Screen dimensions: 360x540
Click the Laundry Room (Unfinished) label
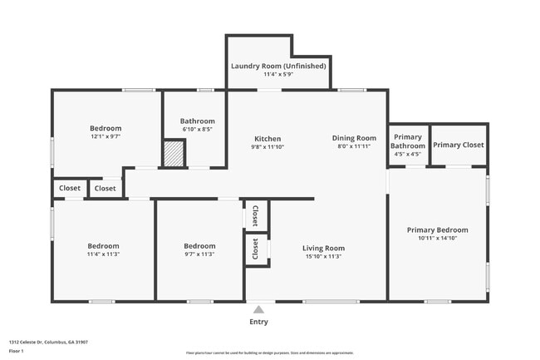tap(278, 66)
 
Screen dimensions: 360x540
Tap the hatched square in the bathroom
tap(173, 154)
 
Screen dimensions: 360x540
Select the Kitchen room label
tap(267, 139)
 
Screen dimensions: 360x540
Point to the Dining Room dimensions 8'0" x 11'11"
tap(355, 146)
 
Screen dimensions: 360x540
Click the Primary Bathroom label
tap(408, 141)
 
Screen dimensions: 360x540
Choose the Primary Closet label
tap(458, 145)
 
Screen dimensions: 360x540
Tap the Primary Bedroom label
tap(437, 230)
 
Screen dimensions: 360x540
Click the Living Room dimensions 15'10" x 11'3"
tap(323, 256)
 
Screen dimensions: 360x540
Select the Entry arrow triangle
tap(258, 309)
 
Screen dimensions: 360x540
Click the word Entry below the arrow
tap(258, 322)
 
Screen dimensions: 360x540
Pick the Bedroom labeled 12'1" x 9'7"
tap(106, 128)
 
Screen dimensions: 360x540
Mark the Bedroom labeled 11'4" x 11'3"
tap(104, 246)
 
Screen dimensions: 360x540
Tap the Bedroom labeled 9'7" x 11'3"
tap(199, 246)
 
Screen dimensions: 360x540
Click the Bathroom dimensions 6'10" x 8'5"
tap(198, 129)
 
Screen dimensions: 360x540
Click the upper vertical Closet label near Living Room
tap(255, 215)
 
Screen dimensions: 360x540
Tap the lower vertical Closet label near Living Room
tap(255, 249)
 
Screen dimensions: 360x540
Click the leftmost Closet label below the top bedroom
tap(69, 189)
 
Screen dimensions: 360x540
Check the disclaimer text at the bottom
tap(269, 353)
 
